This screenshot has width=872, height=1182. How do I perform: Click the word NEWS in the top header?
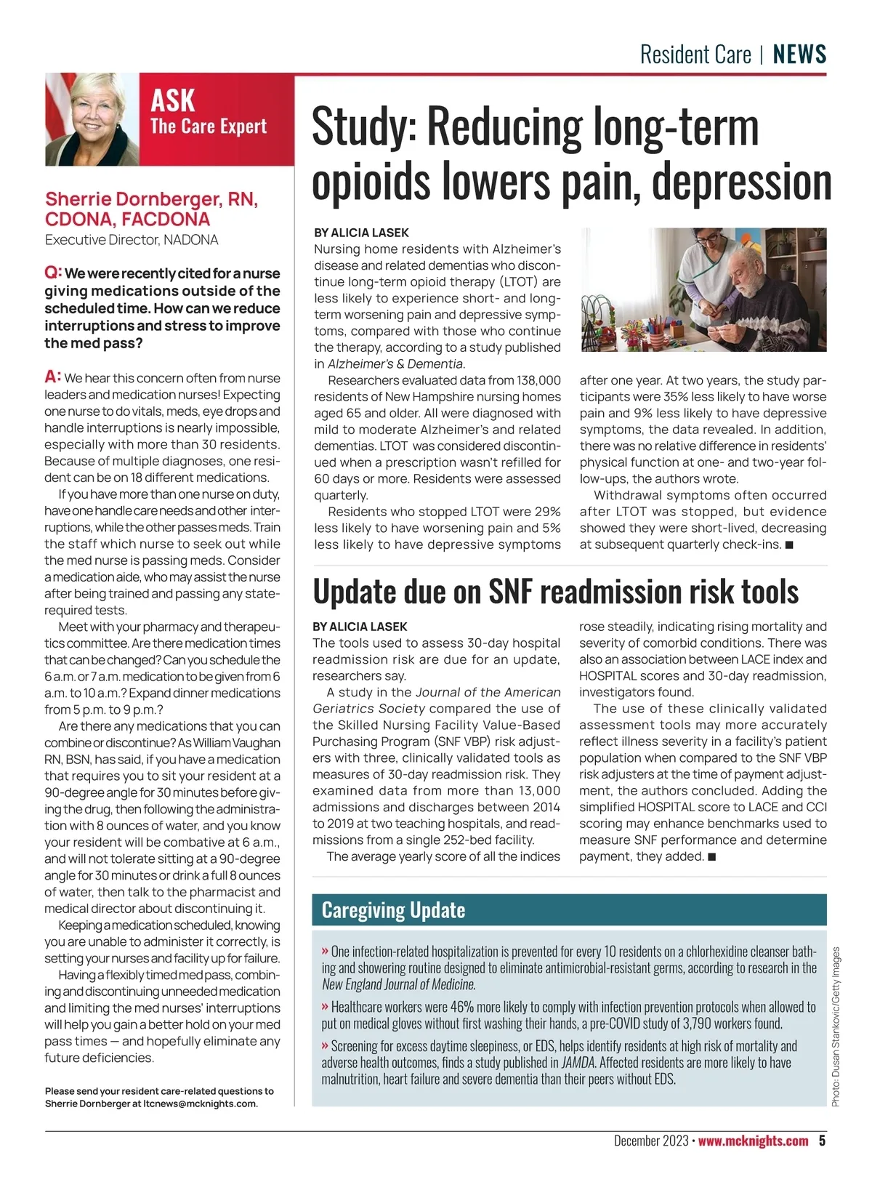[x=799, y=55]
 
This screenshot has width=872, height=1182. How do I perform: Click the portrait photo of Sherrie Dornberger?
[x=92, y=121]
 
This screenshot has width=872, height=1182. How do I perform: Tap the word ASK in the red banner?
[x=173, y=100]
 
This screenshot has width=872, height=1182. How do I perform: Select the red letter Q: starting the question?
[x=53, y=273]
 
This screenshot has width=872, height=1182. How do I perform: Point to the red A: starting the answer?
[x=52, y=377]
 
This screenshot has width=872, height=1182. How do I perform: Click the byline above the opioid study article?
[x=361, y=233]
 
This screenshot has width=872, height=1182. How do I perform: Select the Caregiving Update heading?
[x=393, y=910]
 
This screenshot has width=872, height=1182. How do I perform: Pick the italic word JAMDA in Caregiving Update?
[x=578, y=1063]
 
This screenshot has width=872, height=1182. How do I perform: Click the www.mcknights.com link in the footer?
[x=753, y=1141]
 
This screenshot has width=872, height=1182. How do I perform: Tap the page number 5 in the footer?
[x=822, y=1141]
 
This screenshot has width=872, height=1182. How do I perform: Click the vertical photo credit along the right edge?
[x=836, y=1026]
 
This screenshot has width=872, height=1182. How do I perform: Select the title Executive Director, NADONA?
[x=132, y=240]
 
